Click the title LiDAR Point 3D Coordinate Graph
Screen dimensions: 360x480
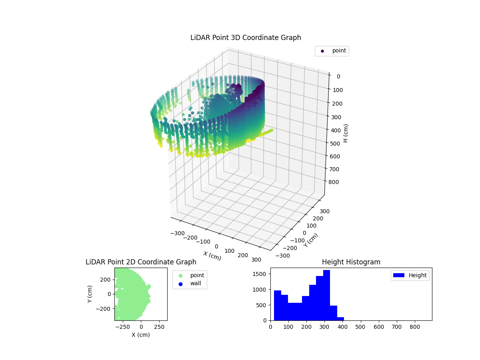246,38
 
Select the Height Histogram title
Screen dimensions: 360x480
351,262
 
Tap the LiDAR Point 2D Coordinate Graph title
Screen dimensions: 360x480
141,262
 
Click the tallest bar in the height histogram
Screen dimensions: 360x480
326,295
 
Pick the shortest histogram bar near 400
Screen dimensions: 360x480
340,318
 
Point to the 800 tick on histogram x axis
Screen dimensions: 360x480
415,327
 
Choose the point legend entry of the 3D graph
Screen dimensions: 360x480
332,51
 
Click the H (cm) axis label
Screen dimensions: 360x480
346,133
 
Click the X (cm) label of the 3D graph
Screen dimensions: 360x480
212,256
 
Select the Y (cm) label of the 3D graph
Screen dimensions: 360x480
311,240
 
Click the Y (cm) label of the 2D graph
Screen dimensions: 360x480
90,294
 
